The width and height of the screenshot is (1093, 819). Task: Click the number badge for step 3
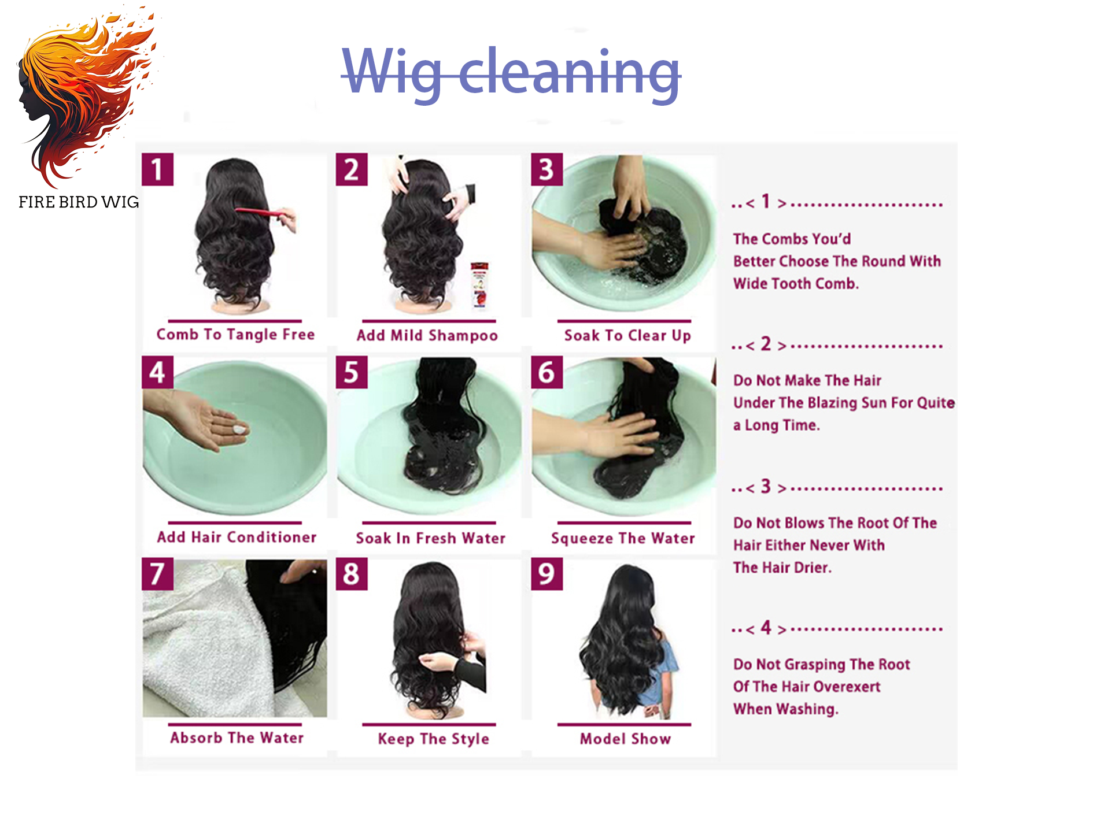tap(546, 169)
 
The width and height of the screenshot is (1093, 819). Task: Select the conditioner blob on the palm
tap(239, 429)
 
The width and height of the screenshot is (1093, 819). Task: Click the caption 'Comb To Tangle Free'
tap(235, 335)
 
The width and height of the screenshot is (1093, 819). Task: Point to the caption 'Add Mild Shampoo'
tap(427, 336)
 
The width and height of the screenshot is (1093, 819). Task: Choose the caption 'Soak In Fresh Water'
tap(430, 538)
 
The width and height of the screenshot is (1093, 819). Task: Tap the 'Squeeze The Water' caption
tap(623, 539)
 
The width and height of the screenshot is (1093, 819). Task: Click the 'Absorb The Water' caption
tap(237, 738)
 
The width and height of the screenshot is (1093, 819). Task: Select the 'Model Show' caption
tap(625, 739)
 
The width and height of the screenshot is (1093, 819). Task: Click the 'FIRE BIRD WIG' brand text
tap(79, 202)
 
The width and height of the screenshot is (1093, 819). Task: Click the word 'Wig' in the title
tap(393, 73)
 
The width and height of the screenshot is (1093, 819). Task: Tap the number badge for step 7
tap(157, 574)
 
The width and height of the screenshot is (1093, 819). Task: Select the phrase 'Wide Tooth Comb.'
tap(796, 284)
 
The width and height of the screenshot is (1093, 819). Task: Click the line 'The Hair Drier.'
tap(782, 568)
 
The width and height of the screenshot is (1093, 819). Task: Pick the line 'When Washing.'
tap(785, 709)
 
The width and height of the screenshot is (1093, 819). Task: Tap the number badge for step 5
tap(352, 372)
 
